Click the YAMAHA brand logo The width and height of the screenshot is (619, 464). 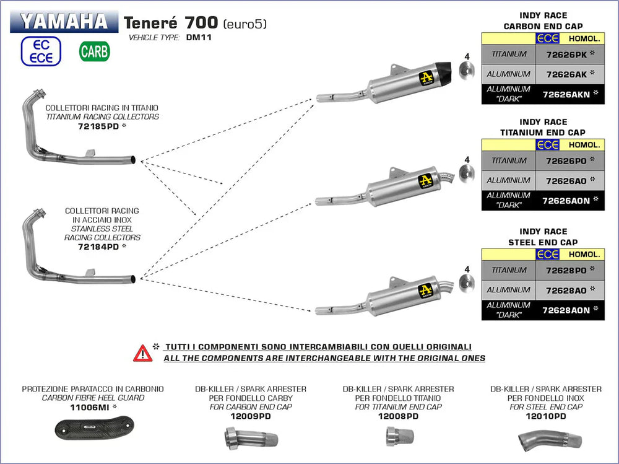(x=63, y=21)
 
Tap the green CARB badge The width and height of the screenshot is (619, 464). (x=94, y=51)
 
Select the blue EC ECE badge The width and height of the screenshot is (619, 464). (x=41, y=51)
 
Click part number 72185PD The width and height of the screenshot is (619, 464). (x=98, y=126)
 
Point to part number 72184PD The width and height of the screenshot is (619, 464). (x=98, y=246)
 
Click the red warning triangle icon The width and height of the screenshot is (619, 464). (x=142, y=353)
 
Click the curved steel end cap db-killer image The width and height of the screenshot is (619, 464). (x=550, y=440)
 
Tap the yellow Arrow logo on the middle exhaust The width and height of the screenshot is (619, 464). (x=425, y=182)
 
